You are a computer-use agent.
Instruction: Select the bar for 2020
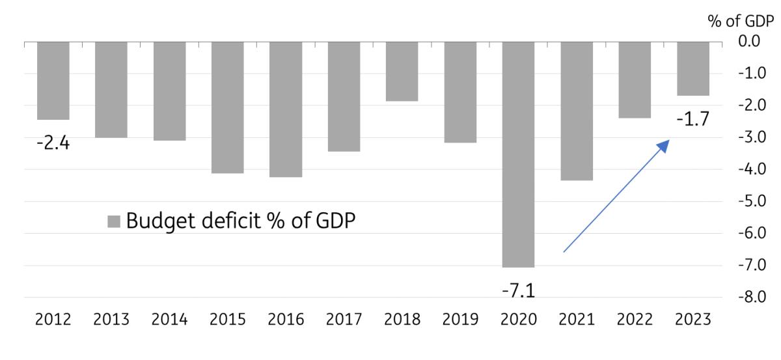coord(518,154)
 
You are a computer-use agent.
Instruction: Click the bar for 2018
coord(402,71)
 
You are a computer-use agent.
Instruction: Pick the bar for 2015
coord(228,107)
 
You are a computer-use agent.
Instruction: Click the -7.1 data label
coord(519,290)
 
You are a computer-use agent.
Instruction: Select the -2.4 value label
coord(53,143)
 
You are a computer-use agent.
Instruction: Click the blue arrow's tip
coord(668,141)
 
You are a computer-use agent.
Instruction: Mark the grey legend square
coord(113,223)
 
